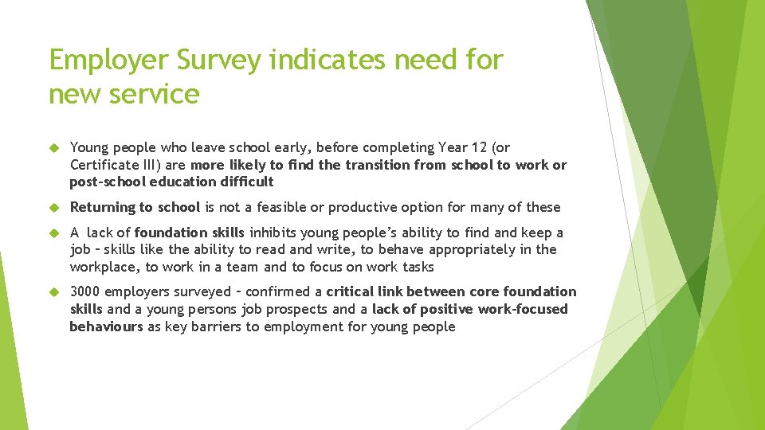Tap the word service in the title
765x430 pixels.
pyautogui.click(x=156, y=94)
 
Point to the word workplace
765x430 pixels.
pyautogui.click(x=103, y=267)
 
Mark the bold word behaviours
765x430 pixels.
pyautogui.click(x=106, y=326)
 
